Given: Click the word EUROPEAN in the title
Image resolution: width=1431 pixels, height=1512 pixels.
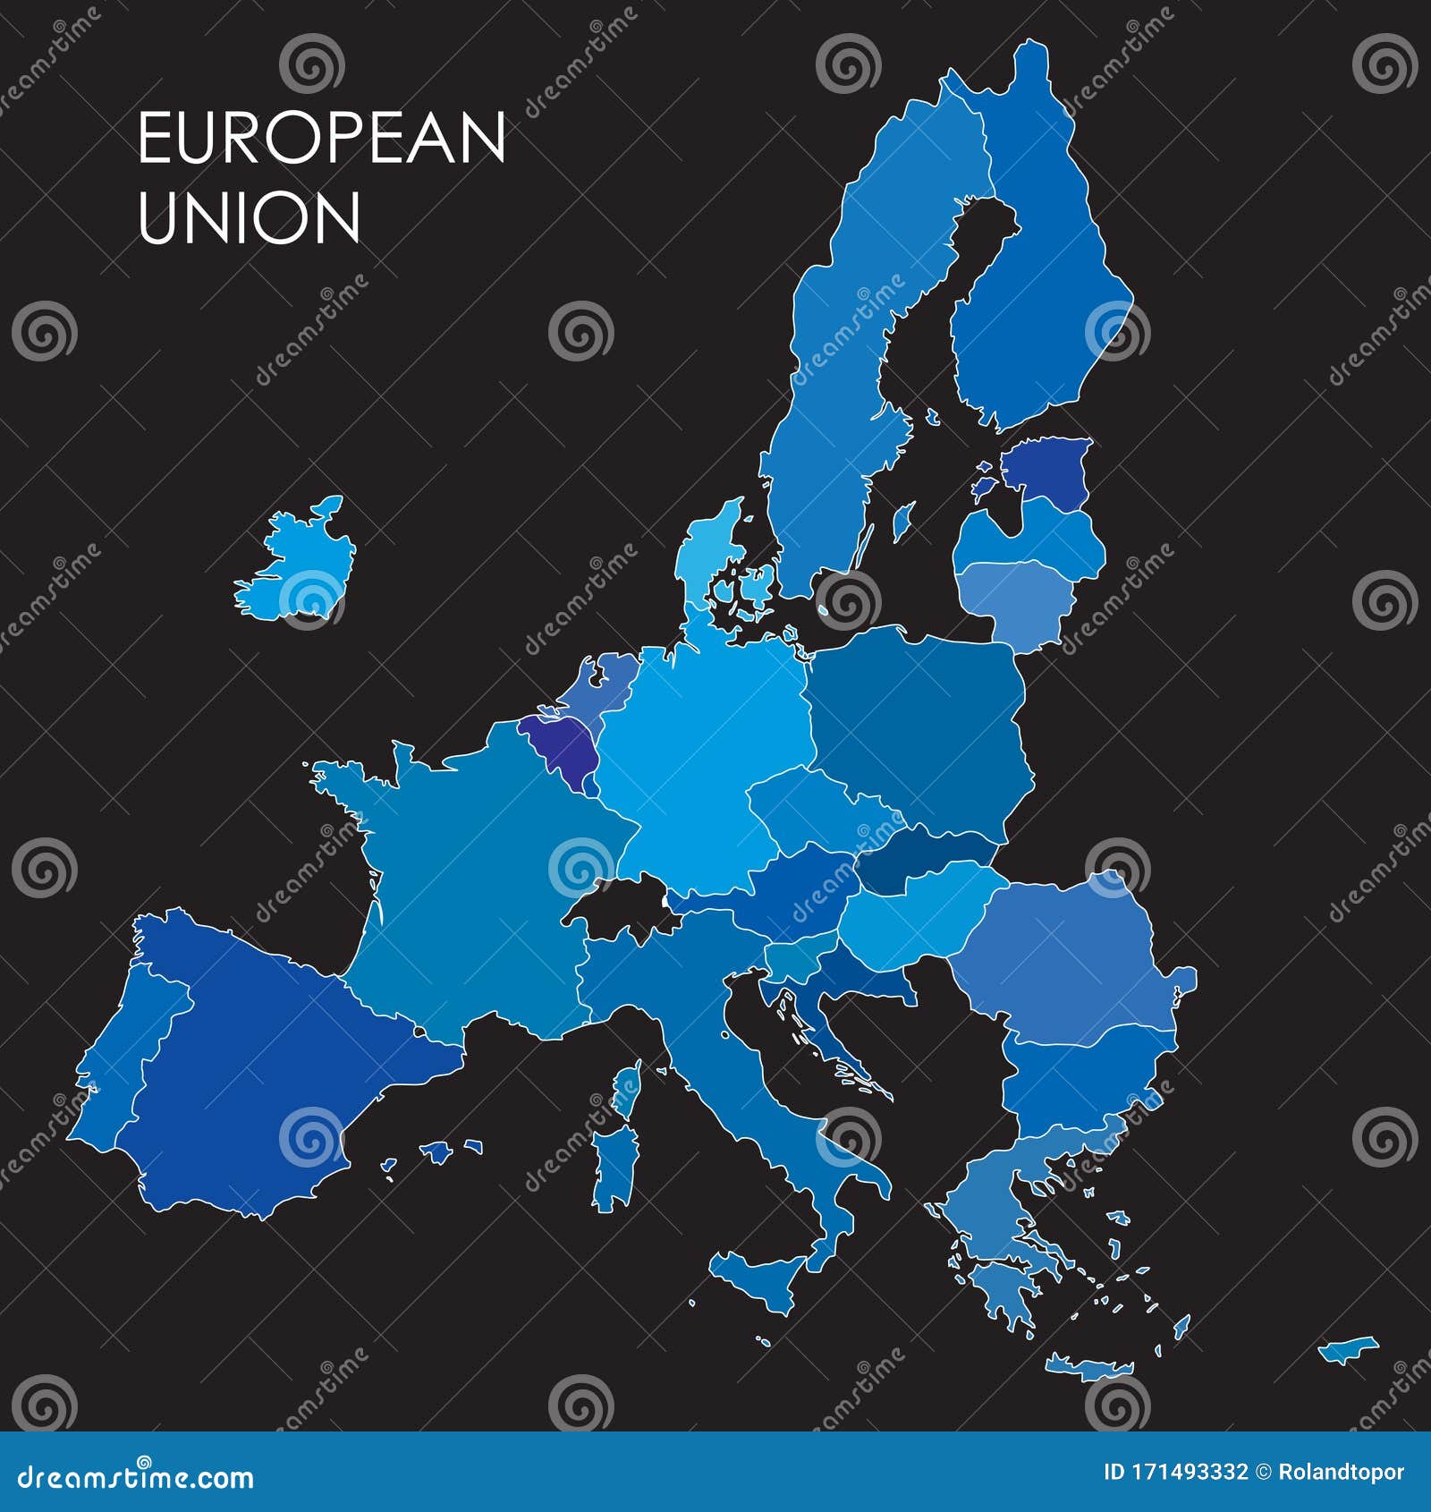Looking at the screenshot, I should point(322,138).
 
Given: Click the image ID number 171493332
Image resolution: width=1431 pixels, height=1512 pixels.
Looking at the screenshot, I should point(1189,1473).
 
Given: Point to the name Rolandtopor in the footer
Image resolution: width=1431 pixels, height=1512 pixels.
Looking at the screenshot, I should point(1341,1473).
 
